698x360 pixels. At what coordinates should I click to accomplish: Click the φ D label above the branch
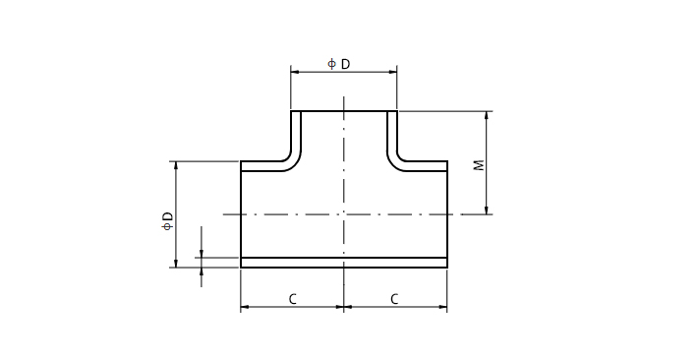(339, 64)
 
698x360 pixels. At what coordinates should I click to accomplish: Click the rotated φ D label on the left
(167, 221)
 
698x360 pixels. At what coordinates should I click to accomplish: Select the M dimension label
(480, 164)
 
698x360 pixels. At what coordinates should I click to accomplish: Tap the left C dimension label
(293, 298)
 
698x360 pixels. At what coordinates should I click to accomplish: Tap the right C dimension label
(394, 298)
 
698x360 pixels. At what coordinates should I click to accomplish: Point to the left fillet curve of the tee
(293, 157)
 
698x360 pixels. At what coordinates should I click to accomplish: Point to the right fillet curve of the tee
(396, 157)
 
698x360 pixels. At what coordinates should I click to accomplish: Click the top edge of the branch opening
(344, 111)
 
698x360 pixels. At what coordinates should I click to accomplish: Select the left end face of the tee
(241, 211)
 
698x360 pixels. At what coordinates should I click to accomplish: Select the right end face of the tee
(447, 211)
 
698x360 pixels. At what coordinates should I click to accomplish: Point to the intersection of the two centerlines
(344, 213)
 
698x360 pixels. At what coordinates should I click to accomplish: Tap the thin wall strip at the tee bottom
(344, 262)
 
